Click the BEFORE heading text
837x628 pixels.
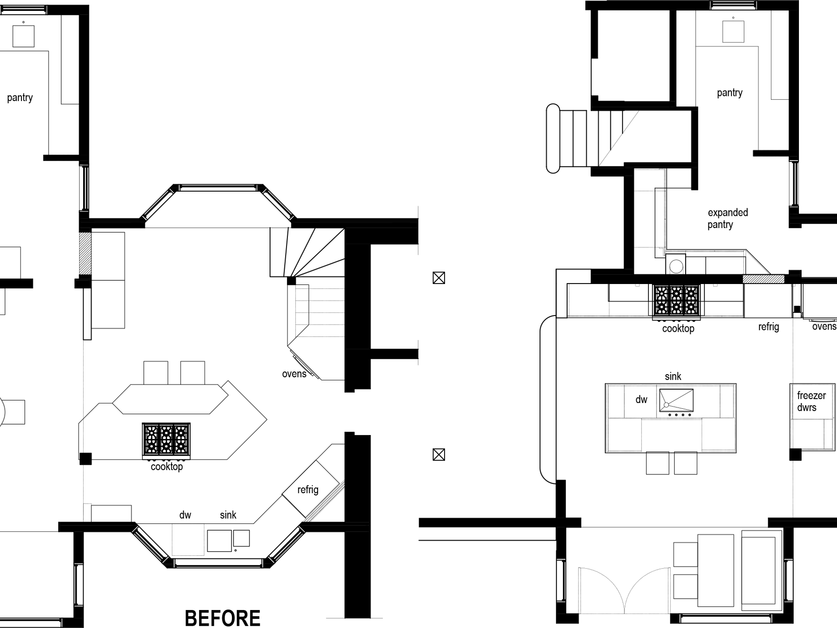(x=222, y=618)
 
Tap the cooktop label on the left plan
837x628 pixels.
(x=167, y=467)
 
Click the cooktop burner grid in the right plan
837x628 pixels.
(x=676, y=300)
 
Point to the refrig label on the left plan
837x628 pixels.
(x=308, y=490)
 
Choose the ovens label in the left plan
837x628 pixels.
(x=294, y=374)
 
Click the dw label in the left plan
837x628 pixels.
(x=185, y=515)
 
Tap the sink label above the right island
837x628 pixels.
(x=673, y=376)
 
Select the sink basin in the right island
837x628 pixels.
(x=676, y=400)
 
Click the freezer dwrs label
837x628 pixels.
(x=811, y=401)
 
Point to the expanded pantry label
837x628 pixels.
(x=728, y=218)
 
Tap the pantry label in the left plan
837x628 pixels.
(x=20, y=98)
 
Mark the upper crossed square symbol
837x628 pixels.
(x=439, y=278)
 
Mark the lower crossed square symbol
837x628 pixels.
(x=439, y=455)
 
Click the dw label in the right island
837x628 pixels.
(x=641, y=399)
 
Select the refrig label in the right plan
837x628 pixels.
(x=769, y=327)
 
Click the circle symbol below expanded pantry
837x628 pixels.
(x=676, y=266)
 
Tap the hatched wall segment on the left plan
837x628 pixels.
(x=85, y=253)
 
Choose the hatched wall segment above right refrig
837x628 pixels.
(x=763, y=279)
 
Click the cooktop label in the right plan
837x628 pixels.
(x=678, y=328)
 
